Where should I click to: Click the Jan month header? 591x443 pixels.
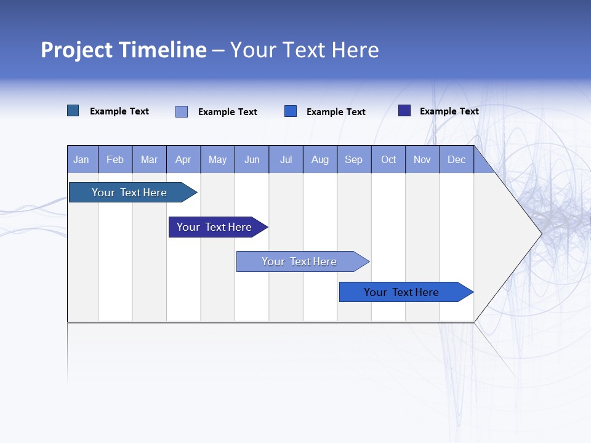82,159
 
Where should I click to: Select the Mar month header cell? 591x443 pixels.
149,159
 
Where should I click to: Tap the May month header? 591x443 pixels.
217,159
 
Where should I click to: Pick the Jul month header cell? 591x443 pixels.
286,159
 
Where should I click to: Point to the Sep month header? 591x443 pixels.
354,159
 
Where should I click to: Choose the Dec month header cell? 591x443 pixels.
456,159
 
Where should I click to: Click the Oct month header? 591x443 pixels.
388,159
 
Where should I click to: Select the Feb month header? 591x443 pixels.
115,159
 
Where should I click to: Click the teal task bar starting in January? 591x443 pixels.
129,193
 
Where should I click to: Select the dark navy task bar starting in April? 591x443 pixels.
214,227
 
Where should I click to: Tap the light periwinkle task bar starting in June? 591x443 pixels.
299,261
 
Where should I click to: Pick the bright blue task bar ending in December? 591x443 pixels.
401,292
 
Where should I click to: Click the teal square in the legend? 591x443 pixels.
73,111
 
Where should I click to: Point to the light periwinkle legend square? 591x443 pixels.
182,111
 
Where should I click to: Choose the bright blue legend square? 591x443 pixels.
291,111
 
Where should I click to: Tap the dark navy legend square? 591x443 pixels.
404,111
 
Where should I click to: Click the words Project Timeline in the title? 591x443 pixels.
124,50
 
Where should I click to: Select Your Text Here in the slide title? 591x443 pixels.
304,50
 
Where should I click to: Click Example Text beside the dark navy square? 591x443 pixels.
449,111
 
